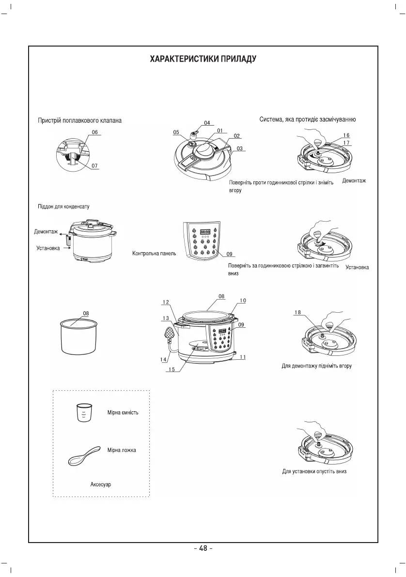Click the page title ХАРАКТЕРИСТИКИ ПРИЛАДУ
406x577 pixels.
tap(203, 59)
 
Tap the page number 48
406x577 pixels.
tap(203, 548)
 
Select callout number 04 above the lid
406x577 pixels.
tap(207, 123)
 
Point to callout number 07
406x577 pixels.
tap(94, 166)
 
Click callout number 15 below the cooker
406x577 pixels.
tap(171, 369)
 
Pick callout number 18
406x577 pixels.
tap(299, 313)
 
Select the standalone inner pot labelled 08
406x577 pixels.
tap(80, 337)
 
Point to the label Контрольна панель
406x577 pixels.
tap(154, 254)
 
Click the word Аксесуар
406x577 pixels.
tap(101, 484)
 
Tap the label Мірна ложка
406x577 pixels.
tap(122, 450)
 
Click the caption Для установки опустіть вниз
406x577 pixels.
tap(314, 471)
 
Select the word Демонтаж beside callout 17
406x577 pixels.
tap(354, 181)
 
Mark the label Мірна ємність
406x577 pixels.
tap(123, 413)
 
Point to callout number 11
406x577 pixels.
tap(242, 357)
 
